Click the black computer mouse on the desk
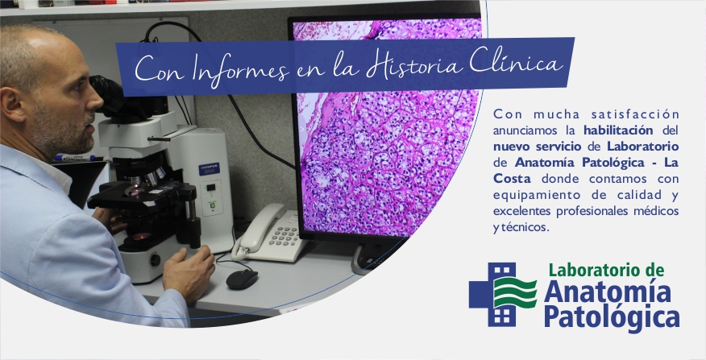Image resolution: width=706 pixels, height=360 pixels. [242, 279]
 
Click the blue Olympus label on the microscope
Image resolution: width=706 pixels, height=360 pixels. [209, 169]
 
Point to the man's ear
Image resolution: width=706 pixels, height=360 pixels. [11, 105]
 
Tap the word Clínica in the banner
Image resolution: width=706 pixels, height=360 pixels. [516, 64]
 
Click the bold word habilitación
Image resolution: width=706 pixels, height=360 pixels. [618, 130]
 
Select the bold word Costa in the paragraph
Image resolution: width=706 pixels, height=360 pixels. [512, 179]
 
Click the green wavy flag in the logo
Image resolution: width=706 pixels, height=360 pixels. [515, 293]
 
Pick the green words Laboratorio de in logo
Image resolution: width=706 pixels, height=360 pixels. [606, 270]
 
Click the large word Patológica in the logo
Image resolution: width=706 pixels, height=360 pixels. [612, 317]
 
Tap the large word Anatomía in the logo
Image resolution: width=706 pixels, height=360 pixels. [608, 292]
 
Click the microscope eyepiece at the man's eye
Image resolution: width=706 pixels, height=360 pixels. [106, 93]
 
